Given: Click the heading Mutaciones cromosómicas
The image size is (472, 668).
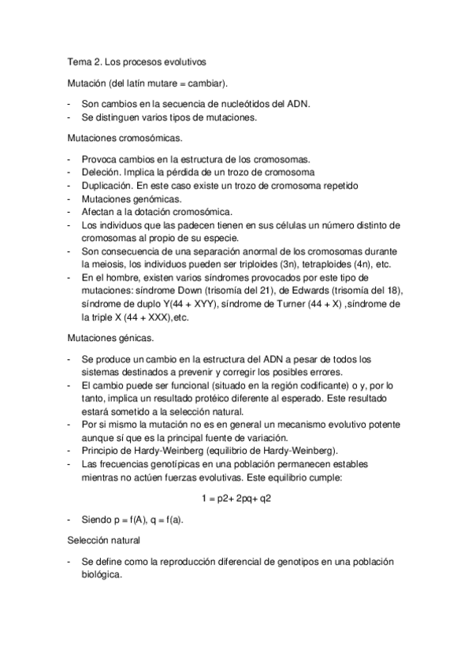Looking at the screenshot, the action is [125, 139].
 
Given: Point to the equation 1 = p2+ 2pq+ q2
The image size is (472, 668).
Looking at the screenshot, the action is [237, 498].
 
